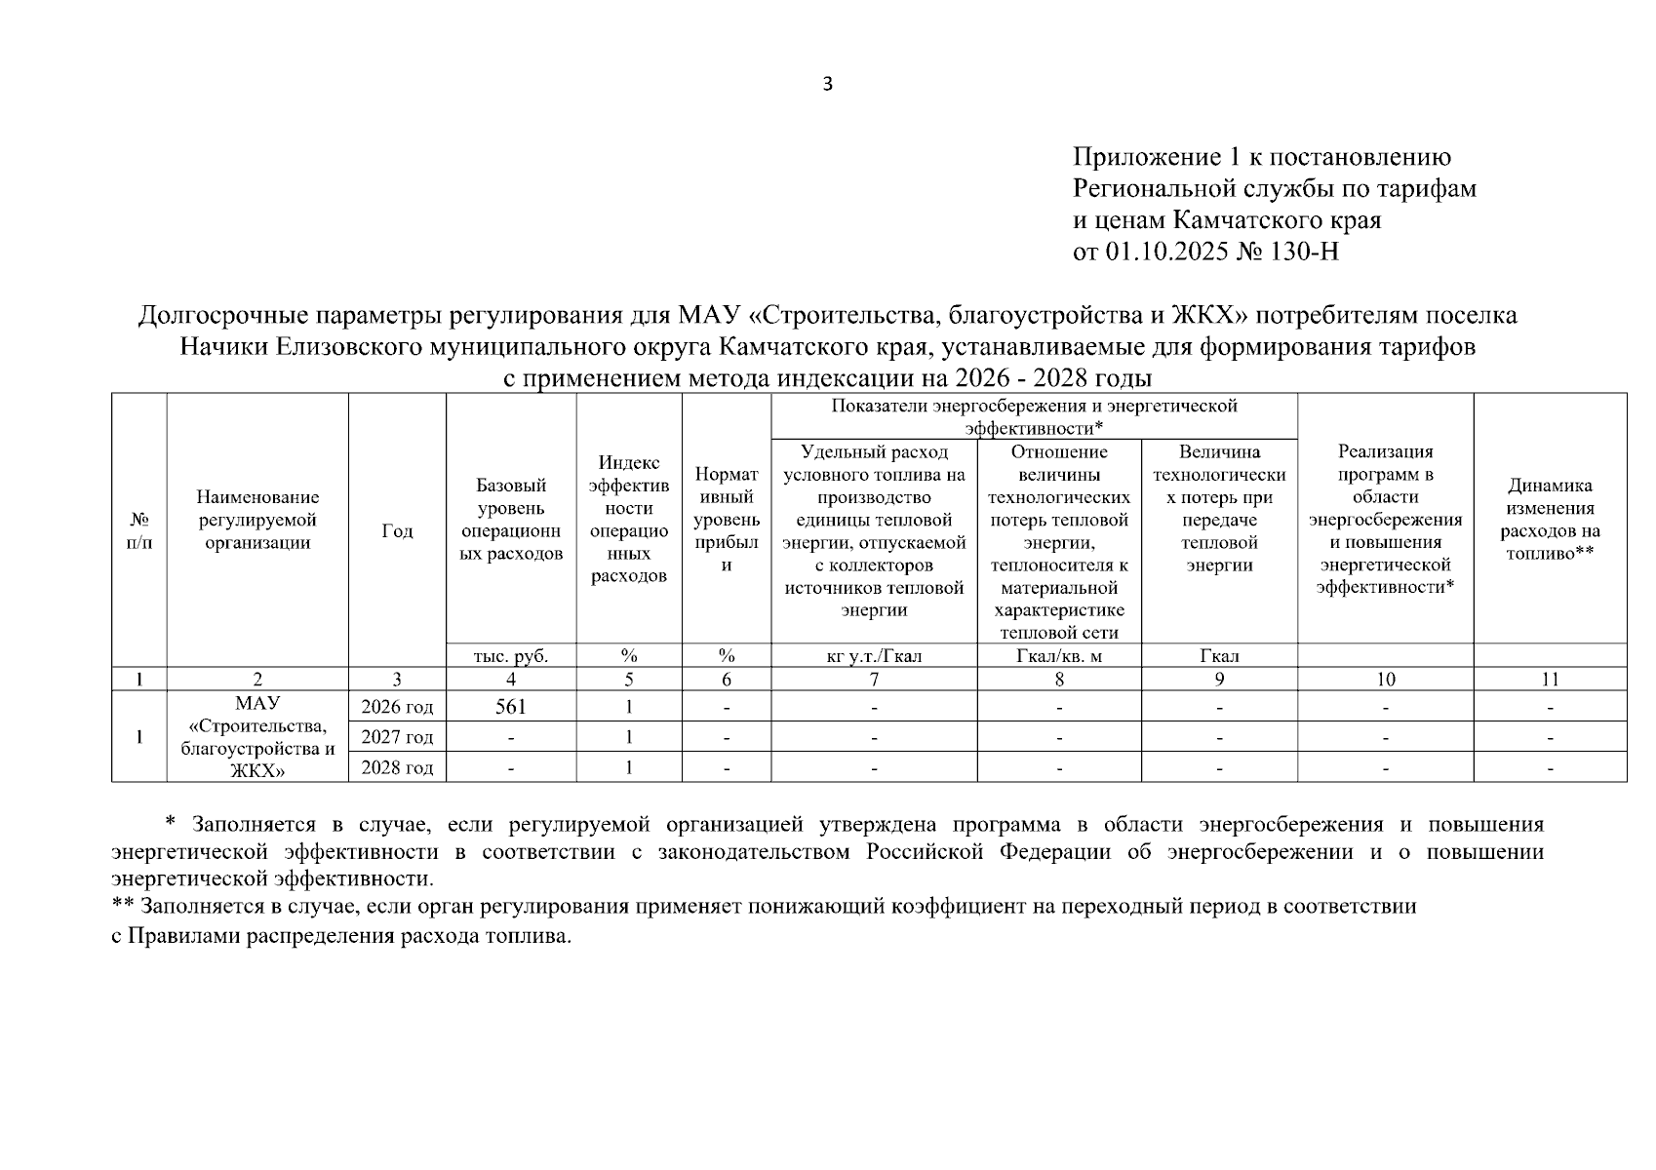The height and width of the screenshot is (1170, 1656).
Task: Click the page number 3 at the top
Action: click(x=828, y=85)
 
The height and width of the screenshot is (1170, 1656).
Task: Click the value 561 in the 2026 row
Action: click(x=511, y=707)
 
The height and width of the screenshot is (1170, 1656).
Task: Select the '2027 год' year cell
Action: click(x=397, y=737)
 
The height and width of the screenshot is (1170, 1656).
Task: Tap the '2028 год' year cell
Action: click(x=397, y=767)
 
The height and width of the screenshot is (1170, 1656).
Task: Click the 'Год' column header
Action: click(x=397, y=531)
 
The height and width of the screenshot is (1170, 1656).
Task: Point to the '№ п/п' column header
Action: click(x=139, y=531)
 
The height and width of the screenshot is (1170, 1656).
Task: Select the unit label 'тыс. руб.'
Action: click(x=511, y=656)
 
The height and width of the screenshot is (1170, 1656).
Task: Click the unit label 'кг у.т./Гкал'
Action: click(x=874, y=656)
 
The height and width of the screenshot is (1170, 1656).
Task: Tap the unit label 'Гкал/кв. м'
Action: click(x=1059, y=656)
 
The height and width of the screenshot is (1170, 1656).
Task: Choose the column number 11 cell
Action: click(x=1550, y=680)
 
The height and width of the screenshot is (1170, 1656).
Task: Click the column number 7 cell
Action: click(x=874, y=680)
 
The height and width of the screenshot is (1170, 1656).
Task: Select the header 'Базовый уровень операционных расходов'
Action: click(x=511, y=520)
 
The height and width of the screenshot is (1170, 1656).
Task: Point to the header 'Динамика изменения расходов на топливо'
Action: click(x=1550, y=520)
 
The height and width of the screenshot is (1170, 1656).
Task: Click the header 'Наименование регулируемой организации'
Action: click(x=257, y=520)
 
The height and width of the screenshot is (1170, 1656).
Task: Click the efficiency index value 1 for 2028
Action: click(x=629, y=767)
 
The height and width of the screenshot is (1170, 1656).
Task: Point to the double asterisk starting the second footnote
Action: click(x=123, y=906)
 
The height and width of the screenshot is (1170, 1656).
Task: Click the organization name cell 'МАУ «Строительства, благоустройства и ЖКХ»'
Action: click(x=257, y=737)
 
